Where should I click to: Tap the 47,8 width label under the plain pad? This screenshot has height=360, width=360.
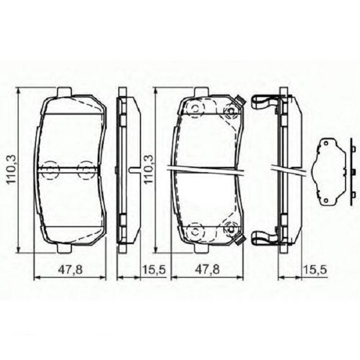[70, 271]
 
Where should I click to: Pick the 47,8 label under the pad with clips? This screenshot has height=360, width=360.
[208, 271]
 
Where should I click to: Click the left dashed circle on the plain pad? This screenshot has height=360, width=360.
[50, 169]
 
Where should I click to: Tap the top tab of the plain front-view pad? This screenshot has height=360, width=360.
[64, 91]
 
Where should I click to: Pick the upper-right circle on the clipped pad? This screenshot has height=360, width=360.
[229, 110]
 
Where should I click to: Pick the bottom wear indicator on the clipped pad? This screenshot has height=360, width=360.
[239, 242]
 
